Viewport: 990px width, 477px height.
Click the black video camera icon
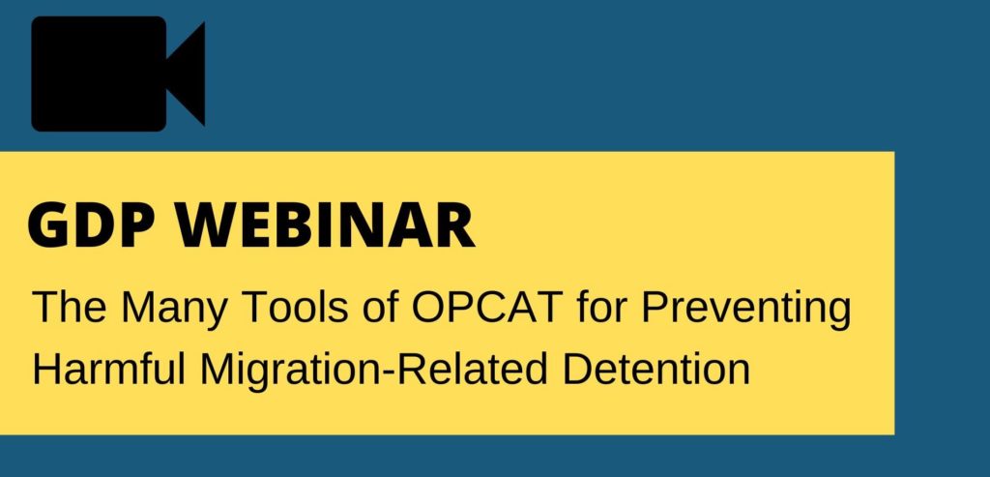click(x=118, y=74)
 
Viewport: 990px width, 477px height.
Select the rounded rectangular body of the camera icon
click(x=99, y=74)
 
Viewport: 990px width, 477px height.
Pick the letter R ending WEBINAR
click(x=457, y=225)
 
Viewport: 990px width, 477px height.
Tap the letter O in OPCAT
click(x=428, y=306)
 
